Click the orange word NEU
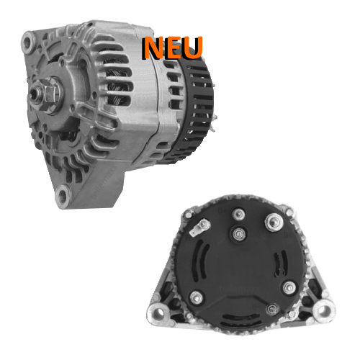tap(172, 48)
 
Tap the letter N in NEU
tap(152, 48)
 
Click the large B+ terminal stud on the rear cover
tap(274, 222)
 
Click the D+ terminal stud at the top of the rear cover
tap(239, 215)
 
